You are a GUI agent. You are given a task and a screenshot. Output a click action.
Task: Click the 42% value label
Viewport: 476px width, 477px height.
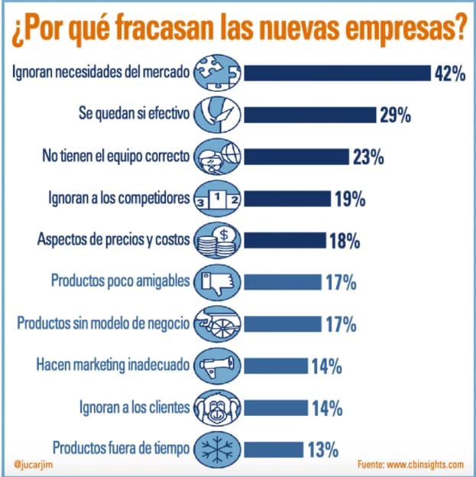(x=450, y=73)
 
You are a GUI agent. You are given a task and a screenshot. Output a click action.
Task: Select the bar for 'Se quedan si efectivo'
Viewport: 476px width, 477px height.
(x=310, y=115)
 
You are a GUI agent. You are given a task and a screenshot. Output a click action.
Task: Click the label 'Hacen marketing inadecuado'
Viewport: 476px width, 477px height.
(x=111, y=365)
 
